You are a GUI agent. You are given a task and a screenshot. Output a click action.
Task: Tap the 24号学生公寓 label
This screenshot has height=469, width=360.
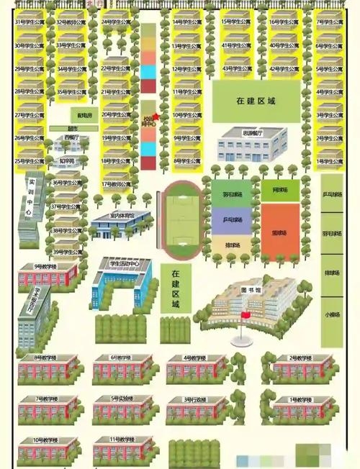tap(116, 22)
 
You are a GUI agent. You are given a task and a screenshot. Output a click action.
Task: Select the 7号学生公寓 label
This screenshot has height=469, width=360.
tap(329, 22)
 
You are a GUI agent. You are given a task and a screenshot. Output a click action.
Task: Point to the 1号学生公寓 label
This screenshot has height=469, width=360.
tap(329, 161)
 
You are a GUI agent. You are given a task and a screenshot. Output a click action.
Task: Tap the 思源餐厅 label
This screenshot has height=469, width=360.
tap(251, 133)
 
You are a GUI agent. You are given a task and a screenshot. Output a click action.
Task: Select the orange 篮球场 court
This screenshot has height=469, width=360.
tap(280, 232)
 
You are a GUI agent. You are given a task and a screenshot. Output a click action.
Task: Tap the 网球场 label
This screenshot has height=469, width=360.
tap(280, 190)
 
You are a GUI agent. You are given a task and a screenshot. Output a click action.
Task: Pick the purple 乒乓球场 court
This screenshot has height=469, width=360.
tap(231, 219)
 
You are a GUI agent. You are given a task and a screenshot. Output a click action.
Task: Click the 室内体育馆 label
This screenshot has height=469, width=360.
tap(122, 215)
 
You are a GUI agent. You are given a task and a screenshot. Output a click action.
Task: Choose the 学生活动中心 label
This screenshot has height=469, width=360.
tap(123, 264)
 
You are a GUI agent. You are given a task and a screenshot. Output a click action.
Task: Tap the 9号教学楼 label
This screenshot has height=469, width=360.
tap(46, 266)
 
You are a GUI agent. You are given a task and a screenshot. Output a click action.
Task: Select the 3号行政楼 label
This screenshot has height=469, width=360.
tap(197, 399)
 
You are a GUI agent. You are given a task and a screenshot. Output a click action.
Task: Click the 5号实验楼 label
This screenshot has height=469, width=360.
tap(122, 399)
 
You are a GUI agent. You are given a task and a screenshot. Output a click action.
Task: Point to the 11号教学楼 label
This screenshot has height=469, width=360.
tap(122, 439)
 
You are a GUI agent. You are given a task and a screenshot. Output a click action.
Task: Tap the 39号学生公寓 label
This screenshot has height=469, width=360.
tap(68, 252)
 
